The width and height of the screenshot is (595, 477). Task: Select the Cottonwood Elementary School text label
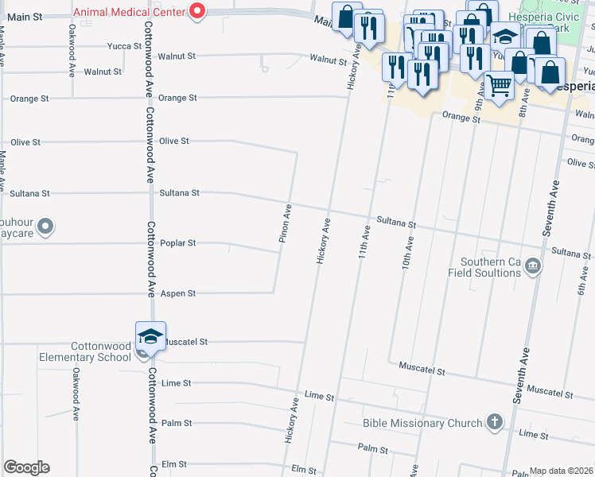pyautogui.click(x=85, y=351)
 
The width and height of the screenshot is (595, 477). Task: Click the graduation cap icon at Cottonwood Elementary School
pyautogui.click(x=150, y=336)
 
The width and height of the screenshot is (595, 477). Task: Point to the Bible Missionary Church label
pyautogui.click(x=422, y=423)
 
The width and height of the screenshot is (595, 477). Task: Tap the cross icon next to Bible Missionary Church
pyautogui.click(x=495, y=422)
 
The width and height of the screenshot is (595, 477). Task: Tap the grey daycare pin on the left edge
pyautogui.click(x=45, y=228)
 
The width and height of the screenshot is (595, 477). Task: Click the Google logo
pyautogui.click(x=26, y=467)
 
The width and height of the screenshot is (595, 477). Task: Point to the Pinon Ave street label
pyautogui.click(x=284, y=223)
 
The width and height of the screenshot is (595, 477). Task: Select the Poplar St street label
pyautogui.click(x=177, y=243)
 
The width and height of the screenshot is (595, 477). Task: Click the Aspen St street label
pyautogui.click(x=177, y=293)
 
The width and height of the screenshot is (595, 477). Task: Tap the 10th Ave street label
pyautogui.click(x=406, y=251)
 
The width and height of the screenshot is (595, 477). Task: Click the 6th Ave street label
pyautogui.click(x=583, y=279)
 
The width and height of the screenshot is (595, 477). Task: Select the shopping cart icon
pyautogui.click(x=500, y=84)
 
